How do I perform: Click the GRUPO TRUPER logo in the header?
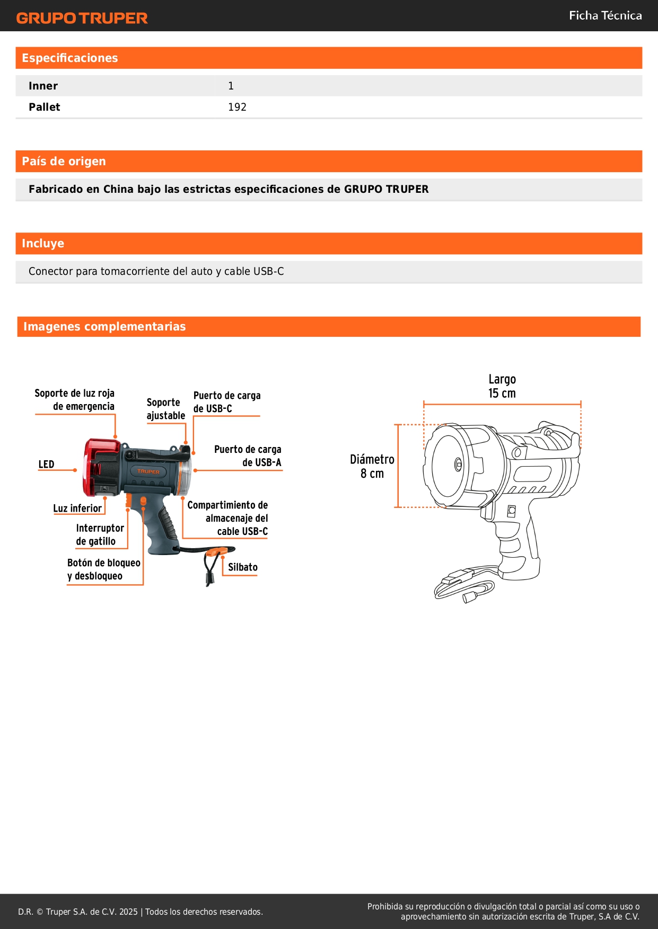(82, 18)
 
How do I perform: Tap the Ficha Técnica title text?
(605, 15)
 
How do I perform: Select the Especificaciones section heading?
(70, 58)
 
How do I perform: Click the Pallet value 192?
(237, 107)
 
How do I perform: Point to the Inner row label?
(43, 86)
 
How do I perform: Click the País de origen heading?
(64, 162)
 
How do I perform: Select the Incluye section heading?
(43, 244)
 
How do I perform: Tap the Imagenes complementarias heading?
(104, 327)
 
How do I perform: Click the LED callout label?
(46, 465)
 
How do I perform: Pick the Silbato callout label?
(243, 567)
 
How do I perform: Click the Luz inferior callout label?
(77, 508)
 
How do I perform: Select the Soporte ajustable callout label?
(165, 409)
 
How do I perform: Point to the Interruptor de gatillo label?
(100, 534)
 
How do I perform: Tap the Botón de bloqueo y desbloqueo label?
(104, 569)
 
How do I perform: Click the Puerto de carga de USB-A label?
(248, 456)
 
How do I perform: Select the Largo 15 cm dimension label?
(502, 386)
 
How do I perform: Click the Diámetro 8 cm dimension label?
(372, 466)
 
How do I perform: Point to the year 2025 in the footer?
(128, 912)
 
